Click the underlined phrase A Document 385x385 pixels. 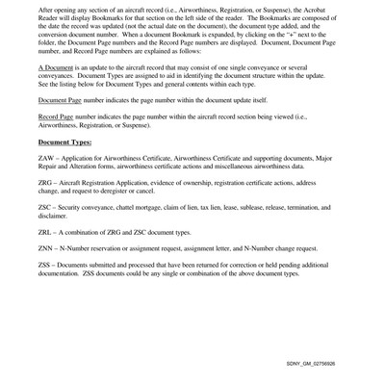click(x=58, y=96)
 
